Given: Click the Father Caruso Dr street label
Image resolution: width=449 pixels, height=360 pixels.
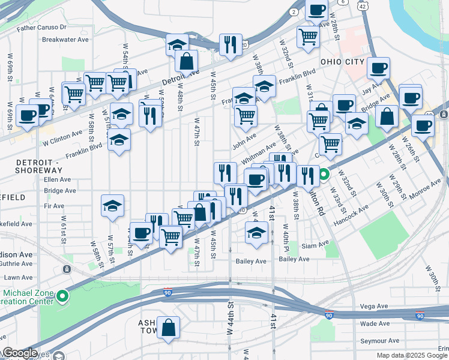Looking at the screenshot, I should (x=41, y=28).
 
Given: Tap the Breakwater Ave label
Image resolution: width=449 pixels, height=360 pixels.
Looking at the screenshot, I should (x=65, y=40).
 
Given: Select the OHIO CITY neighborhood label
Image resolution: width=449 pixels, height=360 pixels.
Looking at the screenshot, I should (x=342, y=62).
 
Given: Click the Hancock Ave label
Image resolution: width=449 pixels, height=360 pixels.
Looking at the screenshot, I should (x=359, y=213).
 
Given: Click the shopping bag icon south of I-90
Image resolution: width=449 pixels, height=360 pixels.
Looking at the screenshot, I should (x=169, y=328).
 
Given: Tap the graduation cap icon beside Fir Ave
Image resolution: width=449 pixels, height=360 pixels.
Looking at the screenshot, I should (x=113, y=206).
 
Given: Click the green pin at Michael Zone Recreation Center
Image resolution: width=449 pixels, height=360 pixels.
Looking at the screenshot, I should (x=62, y=296).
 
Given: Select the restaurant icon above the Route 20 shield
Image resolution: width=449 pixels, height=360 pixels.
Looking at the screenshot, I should (x=231, y=44).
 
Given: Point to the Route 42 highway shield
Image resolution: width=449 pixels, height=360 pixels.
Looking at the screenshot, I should (x=361, y=5).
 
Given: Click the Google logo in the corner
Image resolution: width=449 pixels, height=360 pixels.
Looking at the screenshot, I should (x=19, y=353).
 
